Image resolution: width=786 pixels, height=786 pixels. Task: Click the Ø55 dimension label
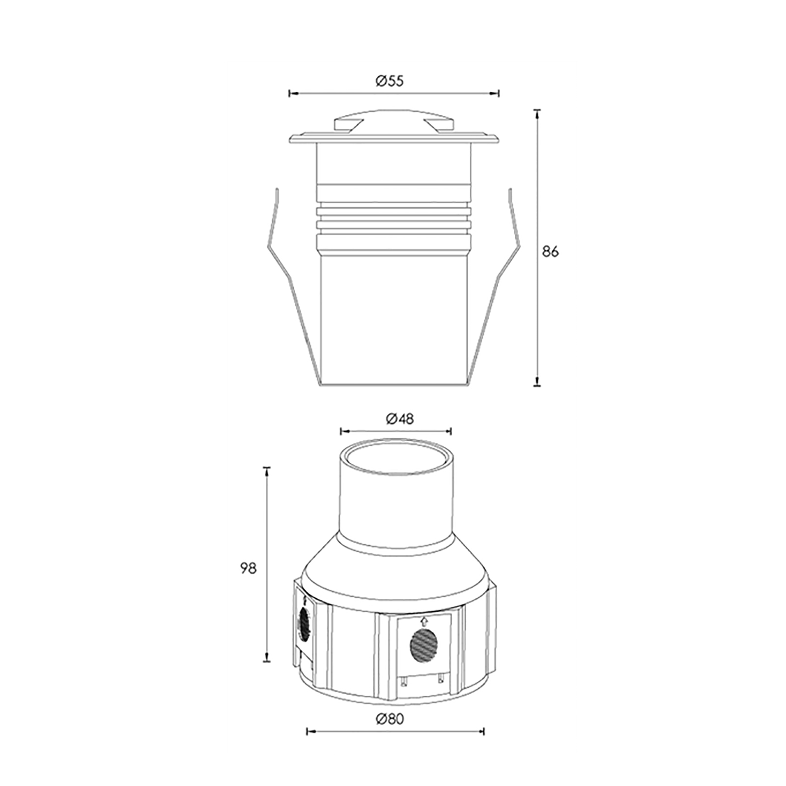coord(390,81)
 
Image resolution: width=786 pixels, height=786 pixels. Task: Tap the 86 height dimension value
coord(550,252)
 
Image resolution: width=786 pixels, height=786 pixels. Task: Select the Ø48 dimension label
coord(400,419)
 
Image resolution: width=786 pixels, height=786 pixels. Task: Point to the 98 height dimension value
coord(249,569)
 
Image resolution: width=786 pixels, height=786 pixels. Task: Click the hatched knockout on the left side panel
coord(304,624)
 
